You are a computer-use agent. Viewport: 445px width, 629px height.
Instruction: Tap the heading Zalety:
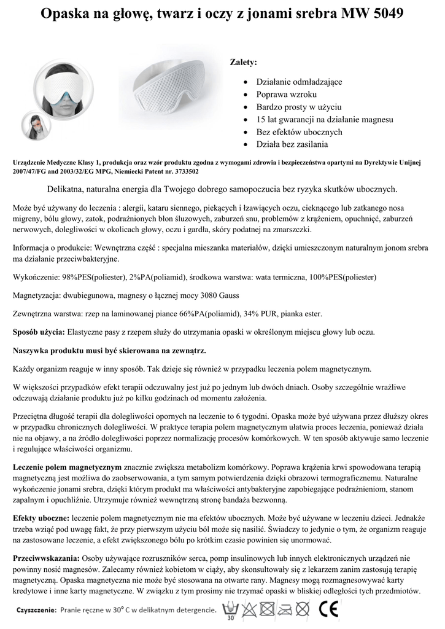coord(243,63)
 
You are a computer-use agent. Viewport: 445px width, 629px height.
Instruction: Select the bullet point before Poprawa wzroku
coord(246,95)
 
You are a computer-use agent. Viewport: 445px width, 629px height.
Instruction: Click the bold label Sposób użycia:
coord(39,332)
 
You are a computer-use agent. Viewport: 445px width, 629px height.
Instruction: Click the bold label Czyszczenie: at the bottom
coord(36,611)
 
